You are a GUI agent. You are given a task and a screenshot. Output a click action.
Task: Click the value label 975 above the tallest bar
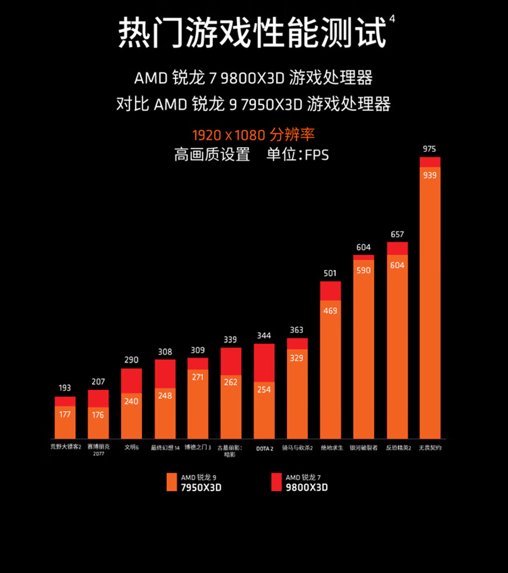(x=429, y=149)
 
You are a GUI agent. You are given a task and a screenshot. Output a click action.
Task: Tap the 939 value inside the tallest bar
(x=429, y=175)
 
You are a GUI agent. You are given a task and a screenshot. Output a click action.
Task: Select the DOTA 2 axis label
(x=264, y=448)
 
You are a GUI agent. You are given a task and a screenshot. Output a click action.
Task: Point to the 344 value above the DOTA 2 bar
(x=264, y=335)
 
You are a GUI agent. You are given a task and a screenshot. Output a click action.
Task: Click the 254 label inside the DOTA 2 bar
(x=264, y=389)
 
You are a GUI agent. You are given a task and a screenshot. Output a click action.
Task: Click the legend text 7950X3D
(x=201, y=487)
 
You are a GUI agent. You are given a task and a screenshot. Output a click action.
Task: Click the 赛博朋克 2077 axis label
(x=98, y=450)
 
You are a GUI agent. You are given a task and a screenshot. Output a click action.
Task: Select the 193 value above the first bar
(x=65, y=388)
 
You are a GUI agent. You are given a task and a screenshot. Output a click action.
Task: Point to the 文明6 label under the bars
(x=131, y=447)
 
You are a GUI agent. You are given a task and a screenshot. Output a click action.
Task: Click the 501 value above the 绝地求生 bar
(x=330, y=273)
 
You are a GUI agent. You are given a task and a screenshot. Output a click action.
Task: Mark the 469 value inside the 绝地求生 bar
(x=330, y=310)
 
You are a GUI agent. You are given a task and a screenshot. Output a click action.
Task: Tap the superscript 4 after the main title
(x=392, y=19)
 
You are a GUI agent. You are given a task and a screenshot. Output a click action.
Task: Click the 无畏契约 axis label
(x=430, y=447)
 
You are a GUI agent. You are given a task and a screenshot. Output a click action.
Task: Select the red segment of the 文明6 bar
(x=131, y=380)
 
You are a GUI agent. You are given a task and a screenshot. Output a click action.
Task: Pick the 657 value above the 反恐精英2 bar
(x=397, y=234)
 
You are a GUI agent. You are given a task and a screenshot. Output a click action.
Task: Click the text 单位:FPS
(x=298, y=155)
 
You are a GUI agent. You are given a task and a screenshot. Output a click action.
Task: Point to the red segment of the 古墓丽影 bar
(x=230, y=361)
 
